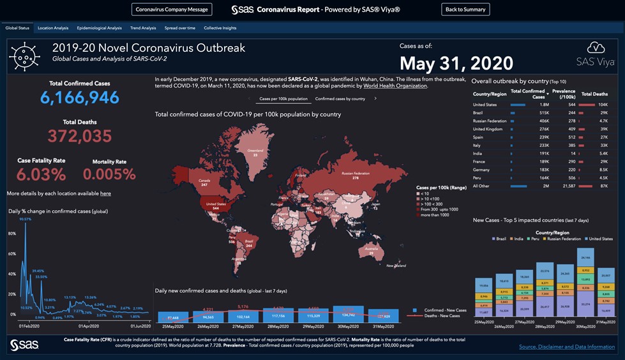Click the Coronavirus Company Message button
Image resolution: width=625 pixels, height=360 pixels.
[x=172, y=10]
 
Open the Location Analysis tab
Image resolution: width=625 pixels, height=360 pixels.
[x=53, y=28]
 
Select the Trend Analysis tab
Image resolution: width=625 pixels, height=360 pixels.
[x=143, y=28]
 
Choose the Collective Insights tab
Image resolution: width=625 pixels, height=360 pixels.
[x=220, y=28]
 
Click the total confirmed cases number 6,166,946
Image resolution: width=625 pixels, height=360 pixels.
[x=80, y=97]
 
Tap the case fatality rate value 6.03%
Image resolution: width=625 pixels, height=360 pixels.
[x=41, y=174]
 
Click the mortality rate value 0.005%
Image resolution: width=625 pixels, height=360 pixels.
[x=109, y=174]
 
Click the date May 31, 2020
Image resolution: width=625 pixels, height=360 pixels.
[x=456, y=63]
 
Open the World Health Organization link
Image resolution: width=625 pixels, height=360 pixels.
[x=395, y=86]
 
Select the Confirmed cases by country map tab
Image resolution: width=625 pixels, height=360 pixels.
[x=340, y=99]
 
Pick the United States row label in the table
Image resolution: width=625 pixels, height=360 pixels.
[x=485, y=104]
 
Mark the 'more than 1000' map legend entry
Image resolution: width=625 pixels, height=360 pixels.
[x=435, y=215]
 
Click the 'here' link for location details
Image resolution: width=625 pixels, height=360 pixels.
[x=105, y=193]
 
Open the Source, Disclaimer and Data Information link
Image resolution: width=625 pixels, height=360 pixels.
[x=567, y=347]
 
